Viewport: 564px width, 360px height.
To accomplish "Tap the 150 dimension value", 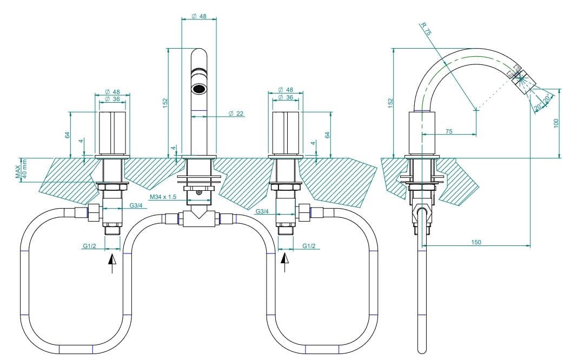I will pyautogui.click(x=475, y=242).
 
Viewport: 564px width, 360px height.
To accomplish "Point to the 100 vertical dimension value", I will pyautogui.click(x=555, y=123).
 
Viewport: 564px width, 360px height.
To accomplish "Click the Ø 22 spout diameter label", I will pyautogui.click(x=236, y=114).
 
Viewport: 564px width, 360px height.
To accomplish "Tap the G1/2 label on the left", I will pyautogui.click(x=89, y=246).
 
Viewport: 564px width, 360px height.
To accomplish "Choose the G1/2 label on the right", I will pyautogui.click(x=309, y=246).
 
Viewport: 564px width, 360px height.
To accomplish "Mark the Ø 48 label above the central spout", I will pyautogui.click(x=199, y=17).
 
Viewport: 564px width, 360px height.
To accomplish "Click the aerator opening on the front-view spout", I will pyautogui.click(x=199, y=88).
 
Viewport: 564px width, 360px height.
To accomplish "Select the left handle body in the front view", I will pyautogui.click(x=112, y=133).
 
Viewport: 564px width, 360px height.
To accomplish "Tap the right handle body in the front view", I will pyautogui.click(x=286, y=133).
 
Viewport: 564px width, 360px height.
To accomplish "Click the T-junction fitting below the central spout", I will pyautogui.click(x=198, y=218).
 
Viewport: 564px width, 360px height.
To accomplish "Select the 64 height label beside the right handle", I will pyautogui.click(x=327, y=135).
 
